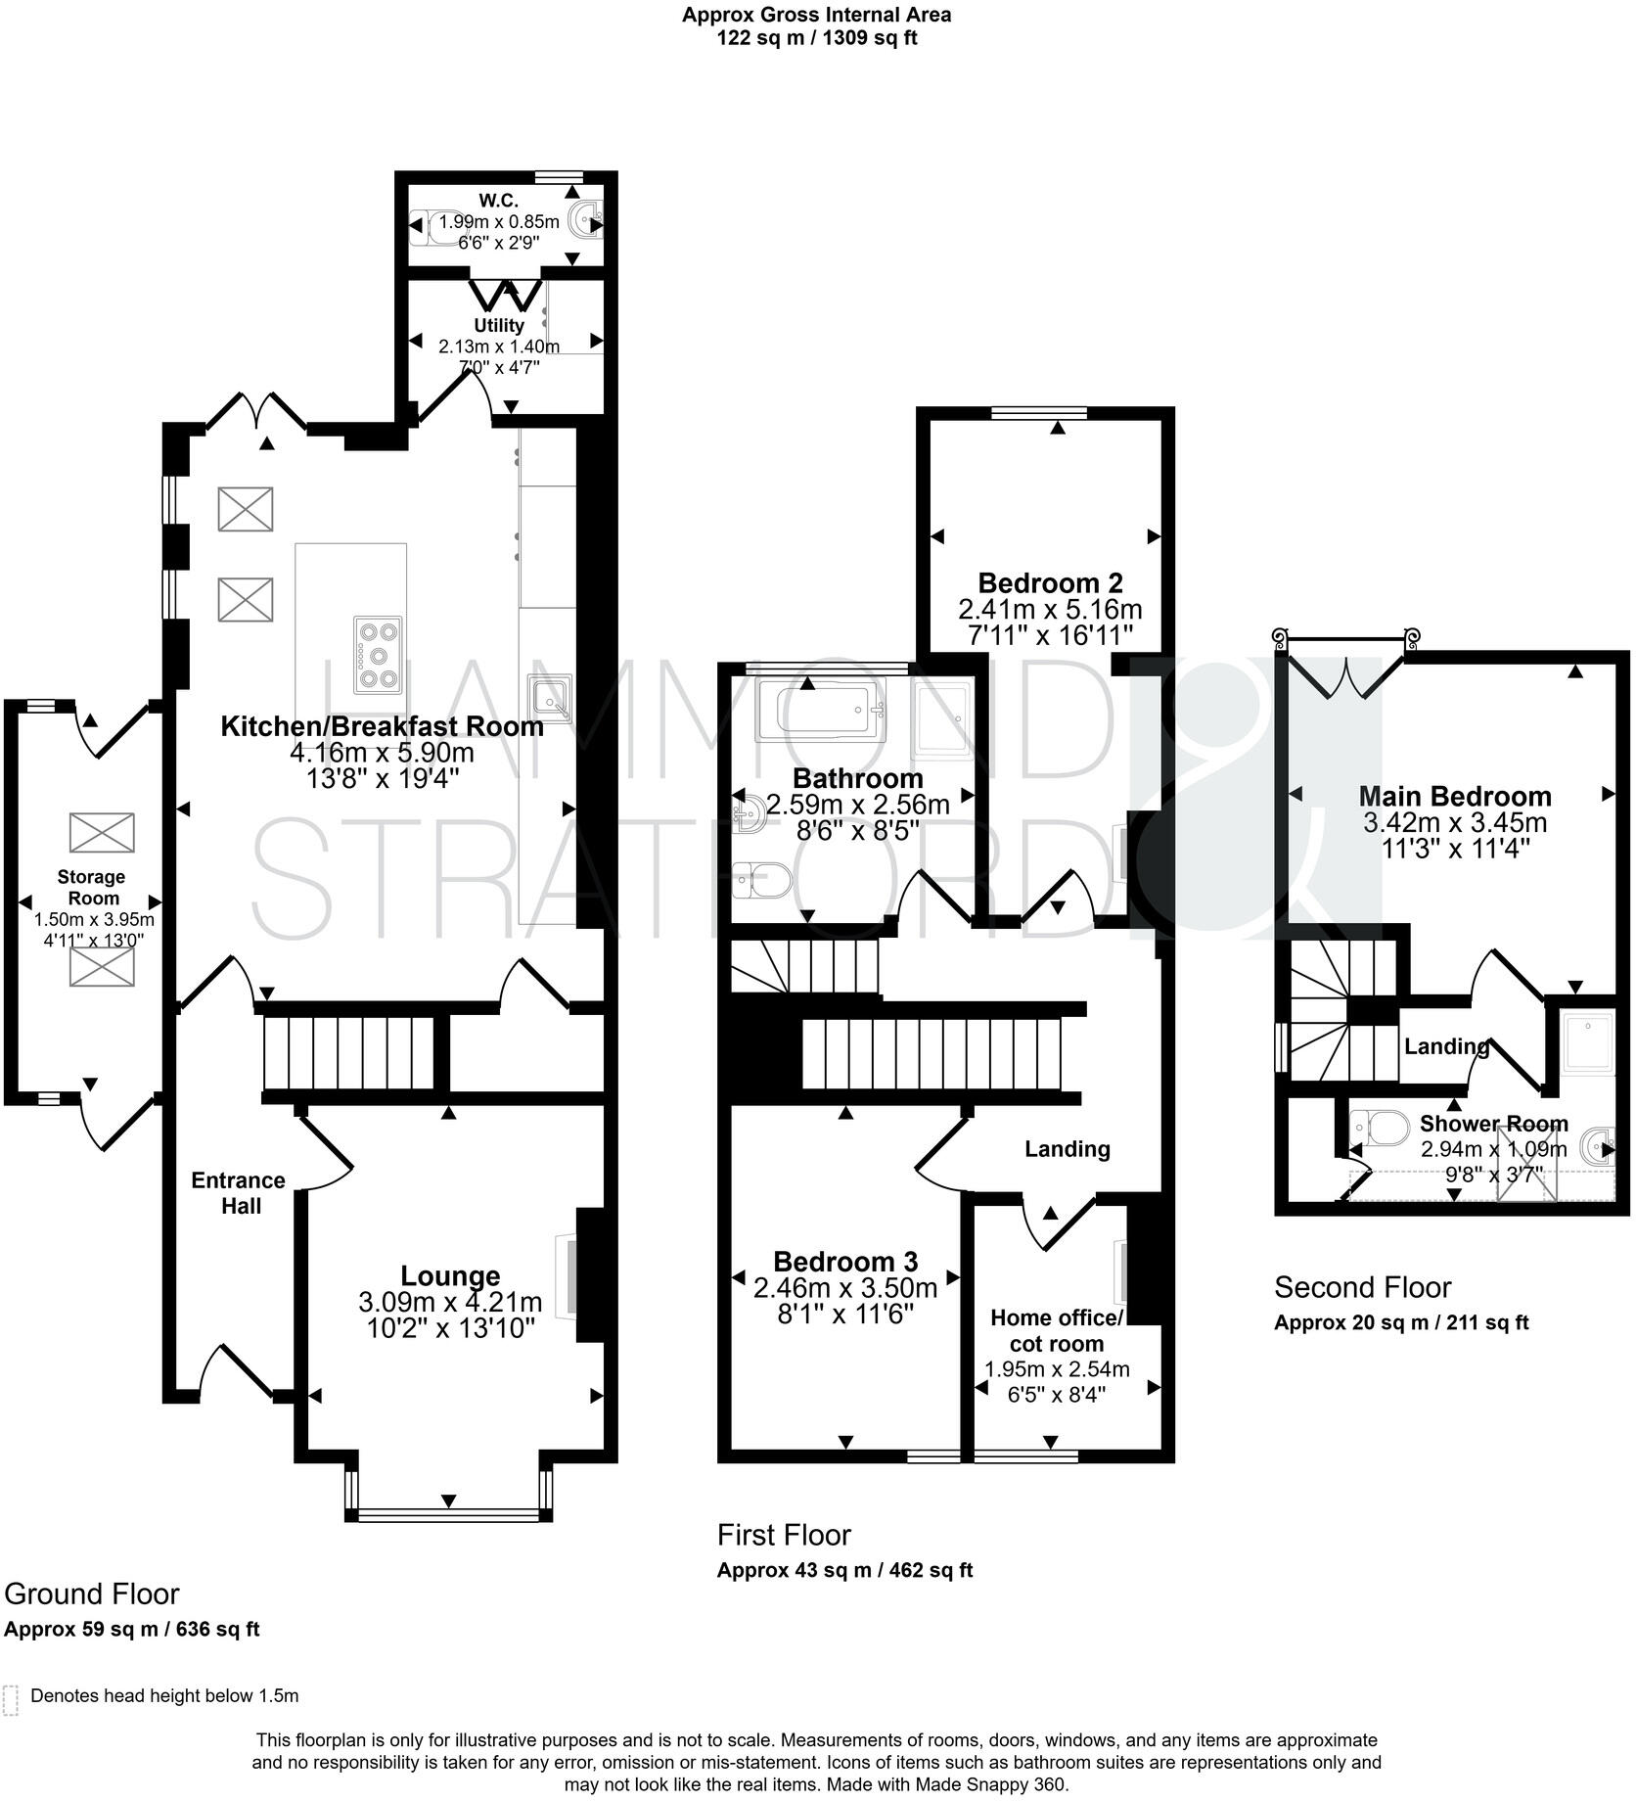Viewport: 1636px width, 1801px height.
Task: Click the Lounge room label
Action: [450, 1275]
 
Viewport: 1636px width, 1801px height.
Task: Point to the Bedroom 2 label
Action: [1049, 583]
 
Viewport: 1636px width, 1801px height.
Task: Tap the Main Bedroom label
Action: [1454, 796]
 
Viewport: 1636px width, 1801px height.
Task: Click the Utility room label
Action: [499, 325]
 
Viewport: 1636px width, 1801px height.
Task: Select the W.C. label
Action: [498, 201]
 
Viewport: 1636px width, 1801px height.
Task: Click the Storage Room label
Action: [91, 887]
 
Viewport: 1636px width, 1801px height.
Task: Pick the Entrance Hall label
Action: [239, 1192]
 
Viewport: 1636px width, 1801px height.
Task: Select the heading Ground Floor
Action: [92, 1593]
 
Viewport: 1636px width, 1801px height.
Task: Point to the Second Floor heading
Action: [1362, 1286]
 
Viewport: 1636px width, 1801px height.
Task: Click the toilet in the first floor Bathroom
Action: [761, 879]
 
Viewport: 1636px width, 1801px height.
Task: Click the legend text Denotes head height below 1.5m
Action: [164, 1695]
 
